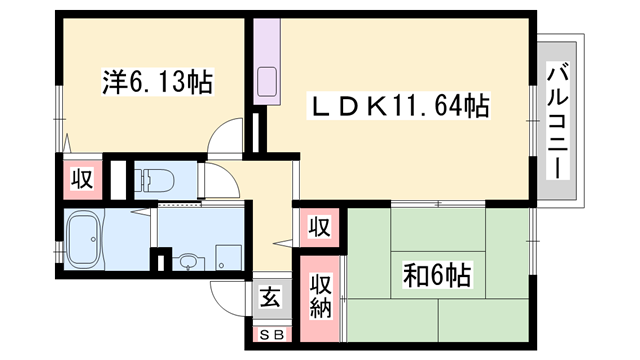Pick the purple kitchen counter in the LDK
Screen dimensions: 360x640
[267, 60]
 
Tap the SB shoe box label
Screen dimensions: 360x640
[269, 335]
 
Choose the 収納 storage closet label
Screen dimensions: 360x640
[318, 295]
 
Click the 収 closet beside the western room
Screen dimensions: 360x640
[81, 180]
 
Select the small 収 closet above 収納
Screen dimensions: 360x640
[318, 226]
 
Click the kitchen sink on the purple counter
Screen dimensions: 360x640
[267, 79]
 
